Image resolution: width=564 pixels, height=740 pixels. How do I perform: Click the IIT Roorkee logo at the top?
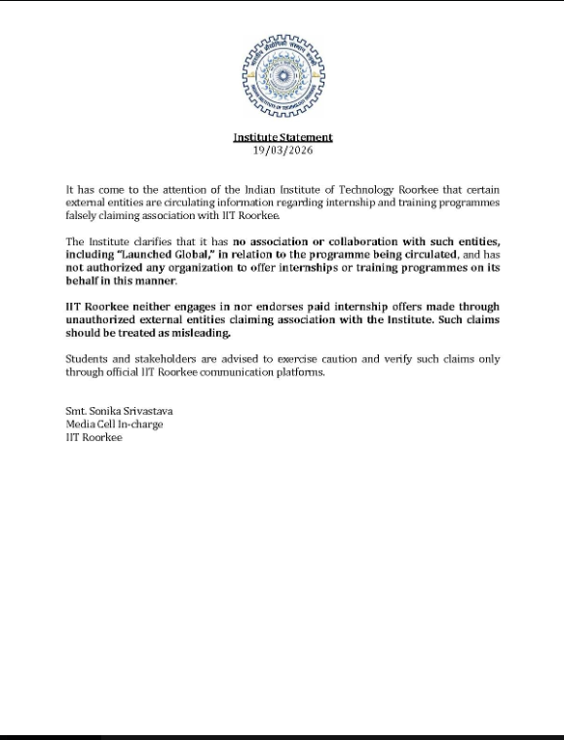(282, 76)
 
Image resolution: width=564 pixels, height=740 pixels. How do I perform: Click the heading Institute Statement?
(282, 137)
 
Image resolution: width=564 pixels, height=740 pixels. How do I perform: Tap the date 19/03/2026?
(282, 150)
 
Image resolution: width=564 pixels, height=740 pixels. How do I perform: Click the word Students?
(87, 359)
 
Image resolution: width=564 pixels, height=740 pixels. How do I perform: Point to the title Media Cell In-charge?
(114, 425)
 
